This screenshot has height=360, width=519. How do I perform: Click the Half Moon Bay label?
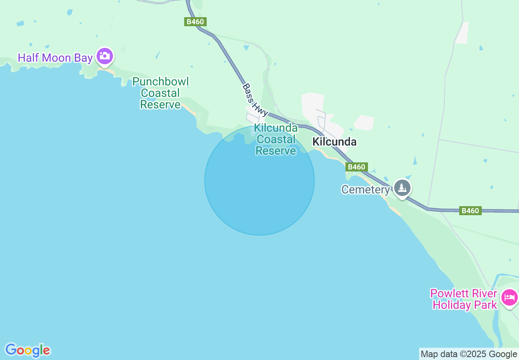[x=55, y=58]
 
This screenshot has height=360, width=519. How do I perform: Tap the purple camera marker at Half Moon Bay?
[x=105, y=56]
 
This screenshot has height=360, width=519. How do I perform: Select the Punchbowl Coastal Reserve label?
[x=160, y=93]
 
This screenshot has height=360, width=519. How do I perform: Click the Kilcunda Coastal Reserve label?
[x=276, y=139]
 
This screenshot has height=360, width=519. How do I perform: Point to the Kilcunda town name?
[x=334, y=142]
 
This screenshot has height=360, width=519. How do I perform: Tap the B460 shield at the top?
[x=195, y=22]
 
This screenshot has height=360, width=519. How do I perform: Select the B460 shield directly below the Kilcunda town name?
[x=356, y=167]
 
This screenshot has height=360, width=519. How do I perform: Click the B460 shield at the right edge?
[x=469, y=211]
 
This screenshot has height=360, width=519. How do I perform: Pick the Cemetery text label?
[x=366, y=190]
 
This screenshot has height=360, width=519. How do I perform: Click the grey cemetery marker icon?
[x=403, y=188]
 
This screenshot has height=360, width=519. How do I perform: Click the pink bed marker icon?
[x=510, y=297]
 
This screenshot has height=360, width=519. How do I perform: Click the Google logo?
[x=27, y=350]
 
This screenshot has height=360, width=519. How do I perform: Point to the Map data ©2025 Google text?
[x=469, y=354]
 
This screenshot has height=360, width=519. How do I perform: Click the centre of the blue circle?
[x=259, y=180]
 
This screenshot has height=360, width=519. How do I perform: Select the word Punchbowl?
[x=160, y=82]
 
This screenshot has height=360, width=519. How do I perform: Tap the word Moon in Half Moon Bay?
[x=56, y=58]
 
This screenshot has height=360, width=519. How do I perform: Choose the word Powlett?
[x=446, y=294]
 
